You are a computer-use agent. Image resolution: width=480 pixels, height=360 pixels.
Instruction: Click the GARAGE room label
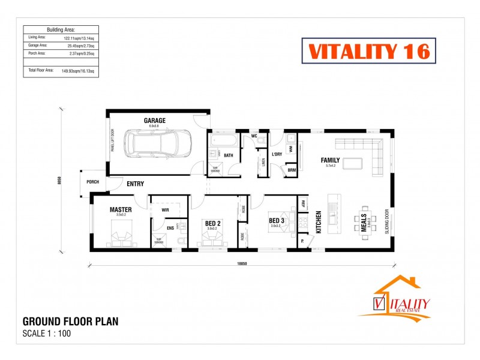pos(155,121)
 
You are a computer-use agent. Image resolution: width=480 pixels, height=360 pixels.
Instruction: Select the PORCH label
pos(93,182)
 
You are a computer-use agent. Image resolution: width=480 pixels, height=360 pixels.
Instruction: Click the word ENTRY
pos(135,184)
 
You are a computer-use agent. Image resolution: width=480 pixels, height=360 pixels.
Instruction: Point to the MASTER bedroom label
pos(121,210)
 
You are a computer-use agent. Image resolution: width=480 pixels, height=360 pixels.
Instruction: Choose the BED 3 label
pos(277,220)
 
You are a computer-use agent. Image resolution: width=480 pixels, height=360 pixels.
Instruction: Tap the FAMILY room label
pos(330,160)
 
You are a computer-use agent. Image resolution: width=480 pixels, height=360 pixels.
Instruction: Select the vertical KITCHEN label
pos(319,223)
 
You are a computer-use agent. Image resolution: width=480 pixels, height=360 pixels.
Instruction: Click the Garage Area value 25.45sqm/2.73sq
pos(79,45)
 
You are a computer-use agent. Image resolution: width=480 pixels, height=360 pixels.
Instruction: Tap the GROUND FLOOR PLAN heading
pos(70,322)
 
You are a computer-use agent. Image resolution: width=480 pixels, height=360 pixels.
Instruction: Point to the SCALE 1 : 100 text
pos(47,334)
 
